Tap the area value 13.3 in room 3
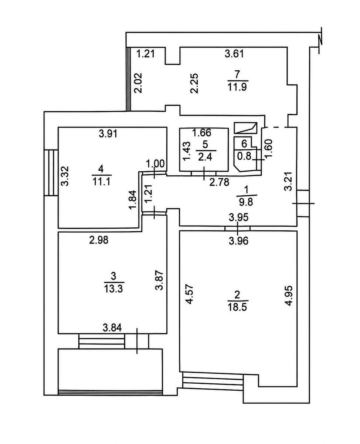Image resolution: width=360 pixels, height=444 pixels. (114, 289)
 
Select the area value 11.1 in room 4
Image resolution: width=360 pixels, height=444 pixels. (101, 182)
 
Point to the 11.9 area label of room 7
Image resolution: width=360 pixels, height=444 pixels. (237, 87)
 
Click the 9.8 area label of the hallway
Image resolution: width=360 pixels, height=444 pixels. (246, 202)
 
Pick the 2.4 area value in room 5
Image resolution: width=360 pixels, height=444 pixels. (205, 157)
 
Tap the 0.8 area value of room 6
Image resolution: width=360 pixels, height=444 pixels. (244, 156)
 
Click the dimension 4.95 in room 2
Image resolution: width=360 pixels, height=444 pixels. (289, 296)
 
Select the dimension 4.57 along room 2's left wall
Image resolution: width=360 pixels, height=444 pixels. (189, 295)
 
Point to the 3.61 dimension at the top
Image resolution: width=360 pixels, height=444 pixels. (234, 54)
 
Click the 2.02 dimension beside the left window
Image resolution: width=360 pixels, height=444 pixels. (138, 83)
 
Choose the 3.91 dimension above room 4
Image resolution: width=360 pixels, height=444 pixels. (108, 134)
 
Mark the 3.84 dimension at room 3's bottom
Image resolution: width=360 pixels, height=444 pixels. (112, 328)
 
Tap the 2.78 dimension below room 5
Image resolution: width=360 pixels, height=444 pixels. (219, 182)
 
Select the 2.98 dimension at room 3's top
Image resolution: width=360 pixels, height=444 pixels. (99, 240)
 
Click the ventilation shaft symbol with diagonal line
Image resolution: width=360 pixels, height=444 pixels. (245, 128)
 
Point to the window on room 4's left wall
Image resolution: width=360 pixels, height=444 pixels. (51, 172)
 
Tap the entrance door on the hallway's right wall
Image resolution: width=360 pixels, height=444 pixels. (303, 203)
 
